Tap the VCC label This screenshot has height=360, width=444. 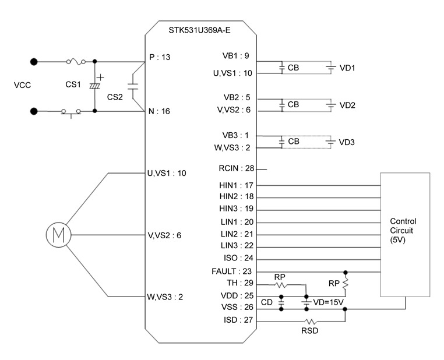click(22, 85)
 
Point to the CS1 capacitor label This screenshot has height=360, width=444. click(73, 85)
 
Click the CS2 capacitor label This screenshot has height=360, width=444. click(115, 97)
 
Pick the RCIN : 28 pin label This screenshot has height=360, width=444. click(236, 170)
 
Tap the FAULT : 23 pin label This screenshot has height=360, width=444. click(234, 271)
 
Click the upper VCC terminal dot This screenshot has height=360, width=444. click(34, 61)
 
